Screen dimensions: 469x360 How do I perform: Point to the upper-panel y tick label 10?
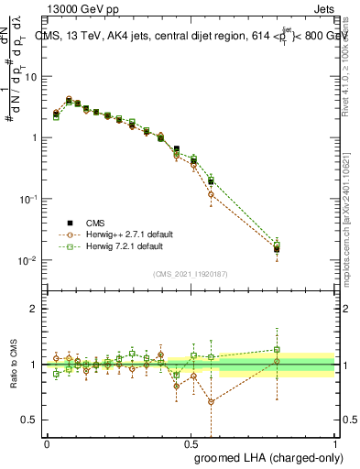tap(31, 77)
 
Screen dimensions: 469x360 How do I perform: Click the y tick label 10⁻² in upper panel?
tap(29, 260)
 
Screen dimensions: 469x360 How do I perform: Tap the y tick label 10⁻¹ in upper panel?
tap(29, 199)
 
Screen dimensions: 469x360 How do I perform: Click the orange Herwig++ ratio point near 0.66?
tap(212, 401)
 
